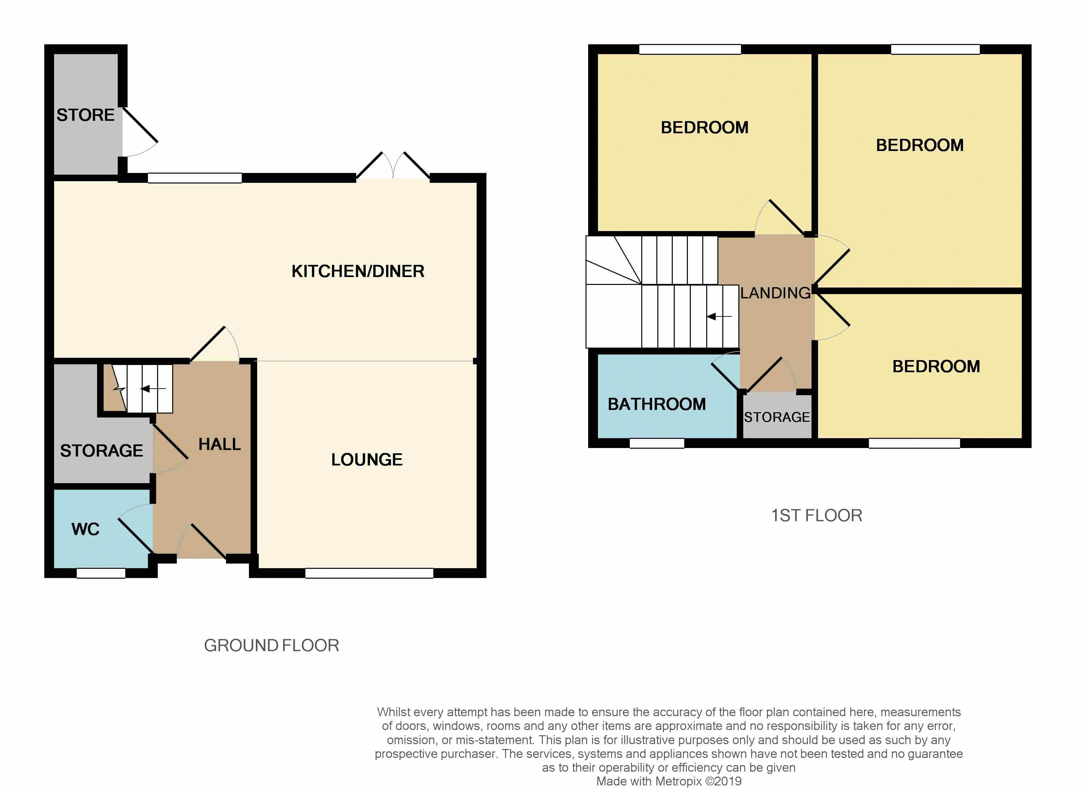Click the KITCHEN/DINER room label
pos(358,271)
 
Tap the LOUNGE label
pos(367,460)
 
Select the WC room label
pos(86,529)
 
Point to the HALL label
pos(219,444)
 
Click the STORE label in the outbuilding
pos(86,115)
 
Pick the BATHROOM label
pos(657,404)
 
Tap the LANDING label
pos(775,293)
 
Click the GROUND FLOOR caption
pos(272,645)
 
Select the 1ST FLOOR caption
pos(816,516)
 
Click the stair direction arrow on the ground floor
pos(153,388)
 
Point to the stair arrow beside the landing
pos(719,316)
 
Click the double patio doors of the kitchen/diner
pos(393,166)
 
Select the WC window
pos(101,573)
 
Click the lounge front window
pos(369,573)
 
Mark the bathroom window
pos(657,443)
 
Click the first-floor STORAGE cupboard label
pos(777,417)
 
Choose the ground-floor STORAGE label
pos(101,451)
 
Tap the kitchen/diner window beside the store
pos(195,178)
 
